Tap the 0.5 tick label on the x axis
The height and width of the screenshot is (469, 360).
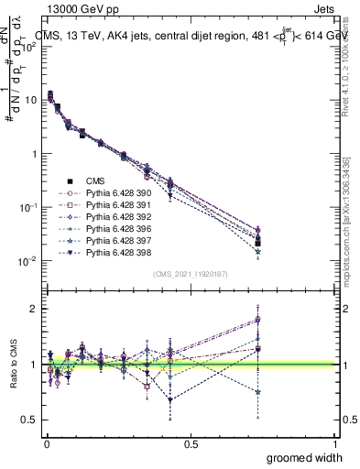point(191,443)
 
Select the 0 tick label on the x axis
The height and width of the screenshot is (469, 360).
point(46,443)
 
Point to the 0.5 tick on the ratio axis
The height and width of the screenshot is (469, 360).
point(32,420)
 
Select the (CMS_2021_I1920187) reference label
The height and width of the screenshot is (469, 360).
point(191,274)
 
